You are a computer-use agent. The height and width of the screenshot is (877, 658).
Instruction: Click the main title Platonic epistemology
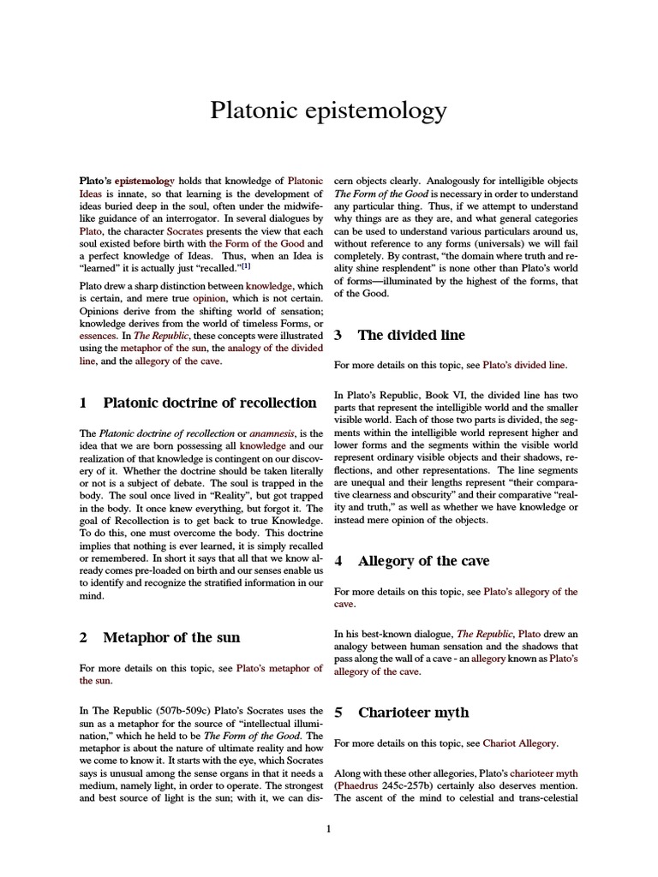pyautogui.click(x=329, y=110)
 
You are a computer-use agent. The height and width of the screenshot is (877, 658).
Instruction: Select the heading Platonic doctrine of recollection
pyautogui.click(x=209, y=402)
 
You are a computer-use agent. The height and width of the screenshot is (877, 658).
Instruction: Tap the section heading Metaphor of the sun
pyautogui.click(x=171, y=637)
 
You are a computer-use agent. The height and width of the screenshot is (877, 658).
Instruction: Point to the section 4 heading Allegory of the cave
pyautogui.click(x=423, y=561)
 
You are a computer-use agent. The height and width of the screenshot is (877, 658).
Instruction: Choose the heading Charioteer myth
pyautogui.click(x=413, y=713)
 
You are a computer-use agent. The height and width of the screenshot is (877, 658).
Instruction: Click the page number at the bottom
pyautogui.click(x=329, y=828)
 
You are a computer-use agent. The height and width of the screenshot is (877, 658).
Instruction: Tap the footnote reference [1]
pyautogui.click(x=245, y=242)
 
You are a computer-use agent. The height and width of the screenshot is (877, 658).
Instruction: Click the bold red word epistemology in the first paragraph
pyautogui.click(x=144, y=182)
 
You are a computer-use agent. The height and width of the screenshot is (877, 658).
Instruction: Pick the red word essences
pyautogui.click(x=99, y=337)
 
